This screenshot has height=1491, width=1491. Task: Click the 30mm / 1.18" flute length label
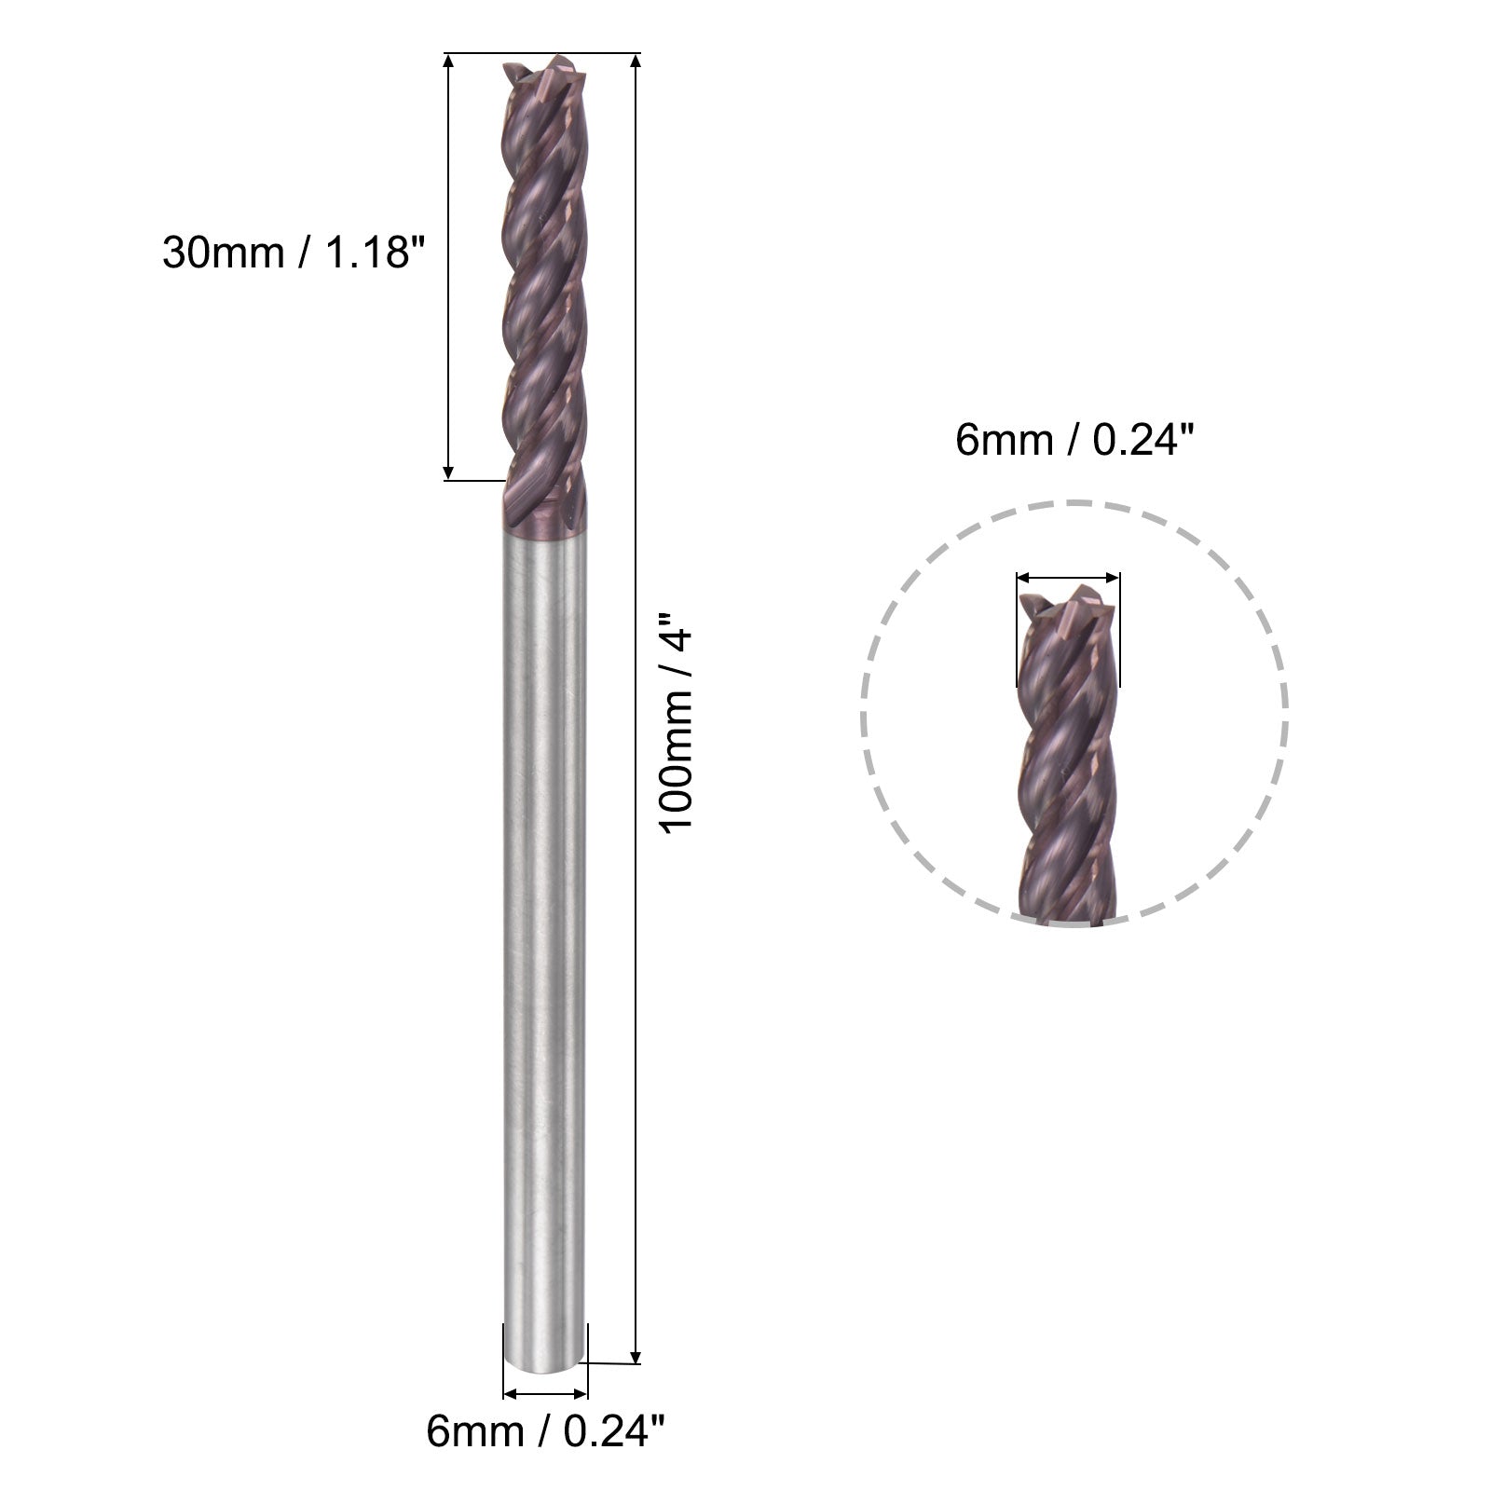pos(287,252)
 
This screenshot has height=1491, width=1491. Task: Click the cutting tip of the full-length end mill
pos(547,70)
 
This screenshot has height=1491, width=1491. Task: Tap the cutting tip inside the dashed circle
pos(1069,602)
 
